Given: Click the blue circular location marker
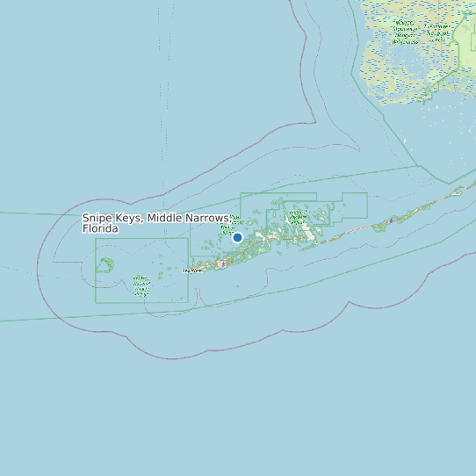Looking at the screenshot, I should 237,237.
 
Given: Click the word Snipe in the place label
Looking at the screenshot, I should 98,218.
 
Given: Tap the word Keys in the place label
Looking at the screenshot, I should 130,218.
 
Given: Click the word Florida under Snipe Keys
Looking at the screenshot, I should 100,228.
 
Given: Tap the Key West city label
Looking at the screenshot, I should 191,270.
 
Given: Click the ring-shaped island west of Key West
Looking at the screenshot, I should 105,264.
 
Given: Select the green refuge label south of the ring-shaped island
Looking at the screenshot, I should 141,284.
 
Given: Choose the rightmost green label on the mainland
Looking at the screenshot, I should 438,31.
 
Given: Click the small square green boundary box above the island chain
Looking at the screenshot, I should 354,205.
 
